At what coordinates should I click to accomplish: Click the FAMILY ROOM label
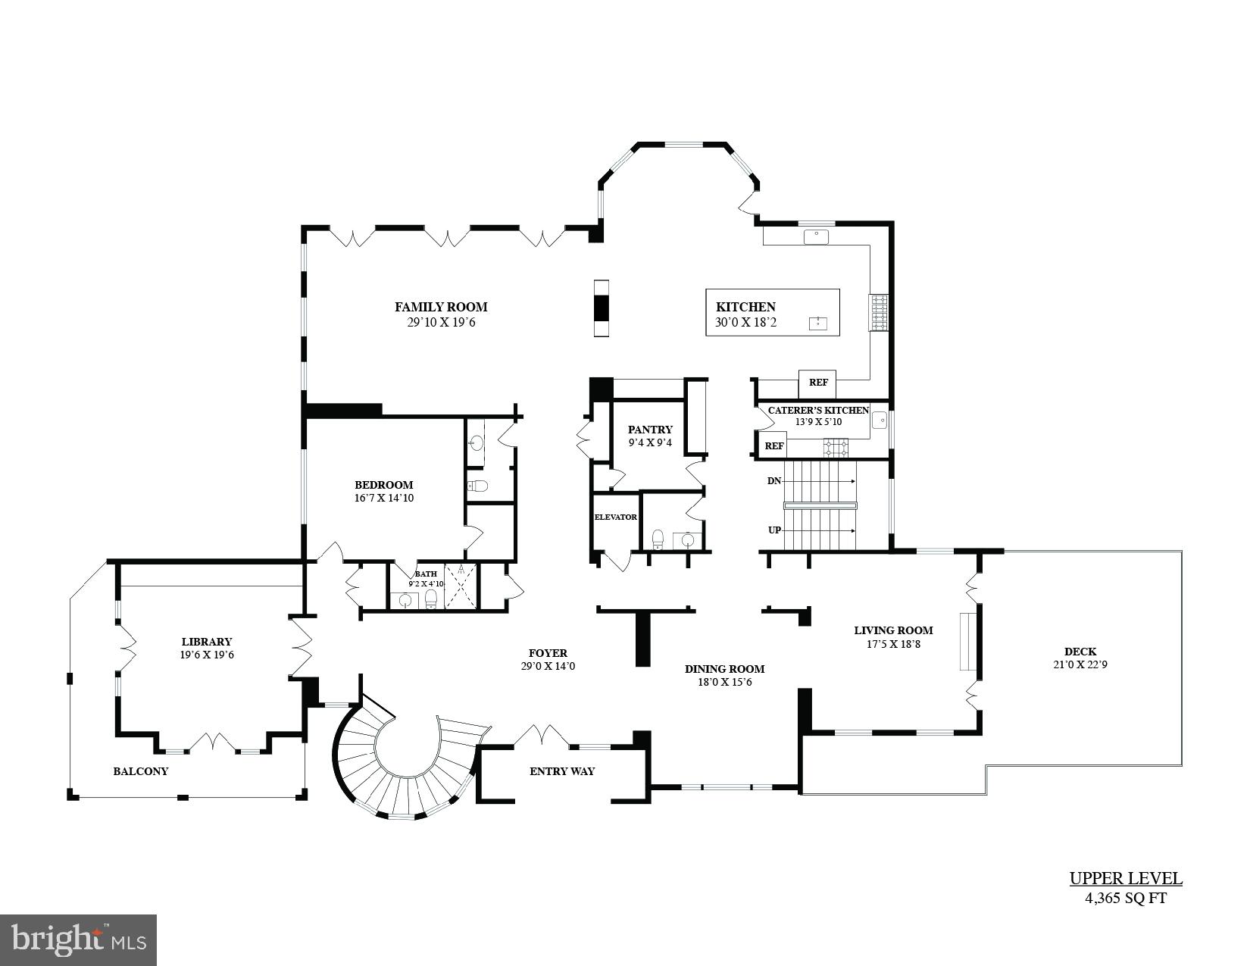click(x=440, y=307)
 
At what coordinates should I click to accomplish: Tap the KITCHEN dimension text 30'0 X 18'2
click(x=745, y=322)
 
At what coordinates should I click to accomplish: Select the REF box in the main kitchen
click(x=817, y=383)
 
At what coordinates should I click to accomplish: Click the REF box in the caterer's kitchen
click(x=773, y=446)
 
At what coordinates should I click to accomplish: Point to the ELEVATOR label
click(x=615, y=517)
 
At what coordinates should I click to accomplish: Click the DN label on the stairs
click(x=773, y=481)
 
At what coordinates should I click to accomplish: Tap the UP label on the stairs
click(x=773, y=530)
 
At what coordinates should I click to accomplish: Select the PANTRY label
click(x=649, y=430)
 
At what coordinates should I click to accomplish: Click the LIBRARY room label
click(x=206, y=642)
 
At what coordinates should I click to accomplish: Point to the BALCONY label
click(x=140, y=771)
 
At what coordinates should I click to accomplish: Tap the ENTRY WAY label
click(x=561, y=771)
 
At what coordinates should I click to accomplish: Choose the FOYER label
click(x=547, y=653)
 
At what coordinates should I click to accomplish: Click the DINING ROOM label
click(x=724, y=669)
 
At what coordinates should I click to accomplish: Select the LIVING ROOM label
click(x=893, y=630)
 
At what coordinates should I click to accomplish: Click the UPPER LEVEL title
click(x=1125, y=879)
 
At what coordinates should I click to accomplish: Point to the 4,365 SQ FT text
click(x=1125, y=899)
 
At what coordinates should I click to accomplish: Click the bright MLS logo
click(x=79, y=940)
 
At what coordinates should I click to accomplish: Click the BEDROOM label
click(x=383, y=485)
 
